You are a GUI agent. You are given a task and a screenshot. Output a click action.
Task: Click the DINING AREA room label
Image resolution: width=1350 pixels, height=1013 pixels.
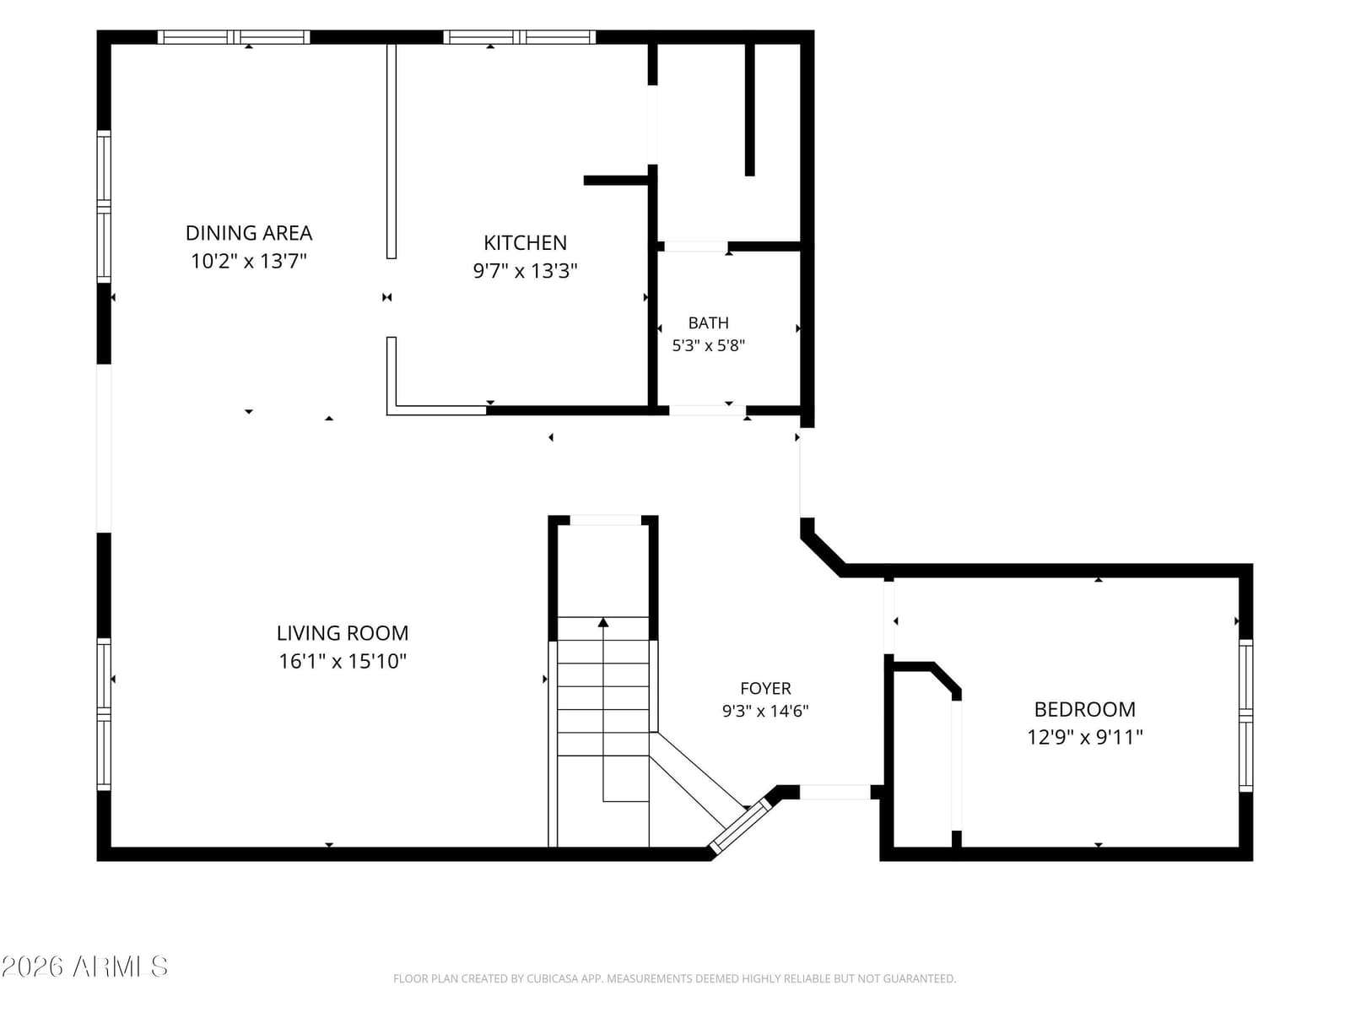(x=248, y=233)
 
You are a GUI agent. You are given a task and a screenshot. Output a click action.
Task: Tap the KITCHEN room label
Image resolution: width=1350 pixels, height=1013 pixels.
(x=525, y=243)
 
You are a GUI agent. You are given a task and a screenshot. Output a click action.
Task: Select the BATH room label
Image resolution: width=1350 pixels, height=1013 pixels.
(x=708, y=323)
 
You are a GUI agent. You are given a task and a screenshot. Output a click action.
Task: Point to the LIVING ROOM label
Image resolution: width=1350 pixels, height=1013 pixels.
(x=342, y=633)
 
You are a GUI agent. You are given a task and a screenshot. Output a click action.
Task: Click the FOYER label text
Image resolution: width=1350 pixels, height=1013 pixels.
(x=765, y=688)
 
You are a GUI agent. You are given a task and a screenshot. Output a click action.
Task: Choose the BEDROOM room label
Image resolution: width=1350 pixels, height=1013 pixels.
(x=1084, y=710)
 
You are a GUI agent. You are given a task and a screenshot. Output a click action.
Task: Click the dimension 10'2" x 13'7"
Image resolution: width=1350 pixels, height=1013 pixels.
(x=248, y=262)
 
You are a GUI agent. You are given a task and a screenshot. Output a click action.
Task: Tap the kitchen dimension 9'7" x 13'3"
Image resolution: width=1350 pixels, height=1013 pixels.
(x=525, y=271)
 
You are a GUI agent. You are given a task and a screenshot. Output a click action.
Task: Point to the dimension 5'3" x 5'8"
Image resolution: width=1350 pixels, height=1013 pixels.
(x=708, y=345)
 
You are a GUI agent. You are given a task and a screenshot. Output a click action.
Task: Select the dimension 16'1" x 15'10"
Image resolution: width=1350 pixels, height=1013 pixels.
(x=342, y=661)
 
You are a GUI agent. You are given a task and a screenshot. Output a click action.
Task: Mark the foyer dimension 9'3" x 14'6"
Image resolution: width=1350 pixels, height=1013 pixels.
(x=765, y=711)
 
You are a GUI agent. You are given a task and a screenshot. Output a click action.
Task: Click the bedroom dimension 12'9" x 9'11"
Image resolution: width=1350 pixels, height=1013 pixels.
(x=1084, y=738)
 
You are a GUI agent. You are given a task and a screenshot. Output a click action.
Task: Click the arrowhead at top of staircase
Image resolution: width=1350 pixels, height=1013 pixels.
(x=602, y=622)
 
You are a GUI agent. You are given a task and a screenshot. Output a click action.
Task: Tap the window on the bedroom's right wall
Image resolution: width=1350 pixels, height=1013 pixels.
(x=1245, y=715)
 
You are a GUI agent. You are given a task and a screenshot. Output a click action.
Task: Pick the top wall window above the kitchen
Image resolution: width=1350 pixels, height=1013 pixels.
(x=519, y=37)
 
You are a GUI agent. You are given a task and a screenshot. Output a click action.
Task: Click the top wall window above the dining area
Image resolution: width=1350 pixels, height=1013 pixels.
(x=234, y=37)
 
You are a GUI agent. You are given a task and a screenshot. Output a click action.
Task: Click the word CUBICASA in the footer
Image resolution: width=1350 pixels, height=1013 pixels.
(x=548, y=978)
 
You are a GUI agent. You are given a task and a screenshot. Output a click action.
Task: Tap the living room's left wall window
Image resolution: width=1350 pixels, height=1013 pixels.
(x=104, y=714)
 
